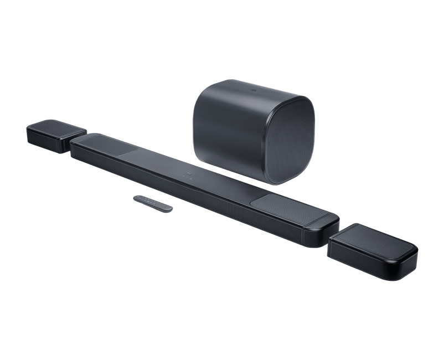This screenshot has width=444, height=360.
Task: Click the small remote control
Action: pos(153,203)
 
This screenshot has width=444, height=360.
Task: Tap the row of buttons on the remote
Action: pos(146,200)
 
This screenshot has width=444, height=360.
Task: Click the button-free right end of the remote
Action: pos(164,207)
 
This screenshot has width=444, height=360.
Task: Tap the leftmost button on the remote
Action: pos(139,198)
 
